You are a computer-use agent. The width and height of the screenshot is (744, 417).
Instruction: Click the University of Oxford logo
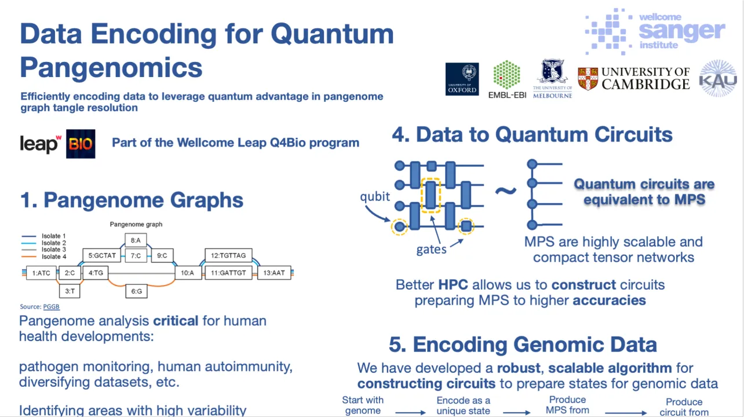[x=462, y=79]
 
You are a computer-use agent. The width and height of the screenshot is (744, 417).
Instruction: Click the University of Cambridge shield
[x=588, y=79]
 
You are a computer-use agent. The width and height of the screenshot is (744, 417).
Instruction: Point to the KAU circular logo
[x=717, y=78]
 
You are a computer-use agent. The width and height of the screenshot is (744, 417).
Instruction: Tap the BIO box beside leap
[x=81, y=144]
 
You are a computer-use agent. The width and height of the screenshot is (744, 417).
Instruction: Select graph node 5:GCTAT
[x=103, y=255]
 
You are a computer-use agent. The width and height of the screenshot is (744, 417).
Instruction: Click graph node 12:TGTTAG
[x=228, y=255]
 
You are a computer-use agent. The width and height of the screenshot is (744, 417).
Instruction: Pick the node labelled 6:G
[x=136, y=291]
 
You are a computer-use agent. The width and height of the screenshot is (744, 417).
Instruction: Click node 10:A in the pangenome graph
[x=187, y=272]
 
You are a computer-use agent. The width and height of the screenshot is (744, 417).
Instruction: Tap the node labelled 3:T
[x=70, y=291]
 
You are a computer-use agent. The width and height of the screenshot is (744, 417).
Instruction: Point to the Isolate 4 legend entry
[x=54, y=257]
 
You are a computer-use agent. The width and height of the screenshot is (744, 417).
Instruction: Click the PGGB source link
[x=52, y=306]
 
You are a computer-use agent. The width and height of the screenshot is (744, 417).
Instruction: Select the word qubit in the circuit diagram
[x=375, y=196]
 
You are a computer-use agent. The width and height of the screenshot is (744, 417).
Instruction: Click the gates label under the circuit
[x=431, y=250]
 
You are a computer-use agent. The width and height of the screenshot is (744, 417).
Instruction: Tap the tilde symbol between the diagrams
[x=505, y=189]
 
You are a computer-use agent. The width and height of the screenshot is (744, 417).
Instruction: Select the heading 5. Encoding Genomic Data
[x=523, y=345]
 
